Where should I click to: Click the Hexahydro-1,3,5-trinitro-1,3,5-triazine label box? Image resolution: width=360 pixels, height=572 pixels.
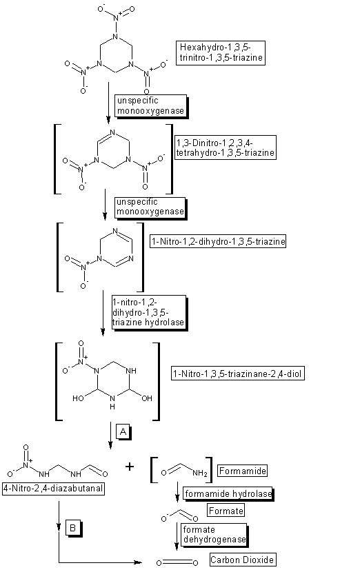click(221, 53)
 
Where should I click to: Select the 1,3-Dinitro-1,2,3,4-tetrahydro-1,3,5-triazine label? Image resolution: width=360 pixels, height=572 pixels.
click(226, 147)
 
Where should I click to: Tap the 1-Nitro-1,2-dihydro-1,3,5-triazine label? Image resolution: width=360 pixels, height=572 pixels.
click(218, 241)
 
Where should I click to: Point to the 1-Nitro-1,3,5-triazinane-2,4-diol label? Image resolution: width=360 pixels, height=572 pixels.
click(238, 374)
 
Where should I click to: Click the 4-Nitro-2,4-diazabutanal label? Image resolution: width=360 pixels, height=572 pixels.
click(53, 489)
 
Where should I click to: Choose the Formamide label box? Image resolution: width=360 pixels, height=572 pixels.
click(243, 471)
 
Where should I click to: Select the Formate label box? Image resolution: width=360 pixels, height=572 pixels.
click(226, 511)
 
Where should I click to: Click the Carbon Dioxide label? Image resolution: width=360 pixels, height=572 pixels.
click(243, 560)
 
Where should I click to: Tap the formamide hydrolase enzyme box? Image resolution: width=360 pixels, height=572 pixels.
click(228, 494)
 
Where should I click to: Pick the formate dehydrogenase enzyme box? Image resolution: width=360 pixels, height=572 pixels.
click(214, 535)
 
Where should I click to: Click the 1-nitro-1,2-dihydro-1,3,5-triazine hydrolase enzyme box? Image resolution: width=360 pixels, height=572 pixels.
click(149, 313)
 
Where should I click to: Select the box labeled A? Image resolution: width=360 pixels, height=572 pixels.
click(123, 432)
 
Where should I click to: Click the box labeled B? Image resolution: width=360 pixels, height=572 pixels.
click(73, 528)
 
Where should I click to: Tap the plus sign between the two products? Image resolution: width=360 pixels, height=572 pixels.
click(130, 466)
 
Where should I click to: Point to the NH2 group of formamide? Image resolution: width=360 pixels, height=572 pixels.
click(200, 473)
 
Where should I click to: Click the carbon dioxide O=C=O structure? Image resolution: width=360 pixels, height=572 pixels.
click(177, 562)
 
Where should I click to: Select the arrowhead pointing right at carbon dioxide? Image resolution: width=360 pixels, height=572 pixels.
click(138, 562)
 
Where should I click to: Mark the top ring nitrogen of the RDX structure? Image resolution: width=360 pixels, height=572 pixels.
click(115, 37)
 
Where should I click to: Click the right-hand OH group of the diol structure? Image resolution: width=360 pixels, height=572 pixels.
click(146, 398)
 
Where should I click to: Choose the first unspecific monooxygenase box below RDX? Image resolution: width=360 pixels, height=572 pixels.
click(151, 106)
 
